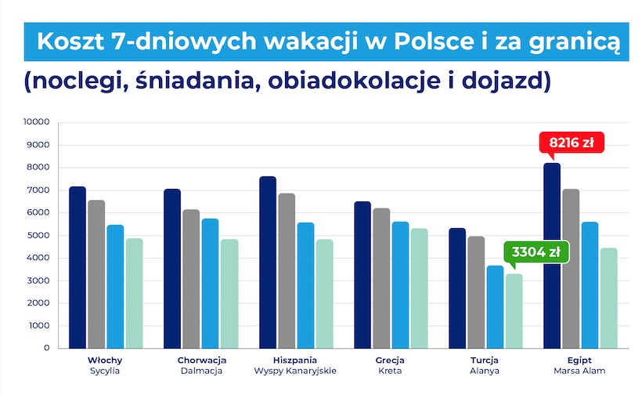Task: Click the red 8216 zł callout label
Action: point(572,143)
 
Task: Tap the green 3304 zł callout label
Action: point(536,252)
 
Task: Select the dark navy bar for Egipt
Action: point(553,255)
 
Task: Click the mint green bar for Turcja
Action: point(514,310)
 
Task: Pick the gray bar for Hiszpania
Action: point(287,270)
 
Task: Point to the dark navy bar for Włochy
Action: point(77,267)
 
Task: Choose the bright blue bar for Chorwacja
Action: point(210,283)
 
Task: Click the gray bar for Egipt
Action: point(572,268)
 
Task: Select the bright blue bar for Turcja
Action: point(495,306)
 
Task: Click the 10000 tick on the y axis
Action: point(36,122)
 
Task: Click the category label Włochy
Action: point(105,360)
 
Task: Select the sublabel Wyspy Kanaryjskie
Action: point(295,371)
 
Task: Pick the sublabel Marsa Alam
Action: point(580,371)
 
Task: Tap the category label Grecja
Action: point(390,360)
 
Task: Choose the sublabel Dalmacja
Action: point(201,371)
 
